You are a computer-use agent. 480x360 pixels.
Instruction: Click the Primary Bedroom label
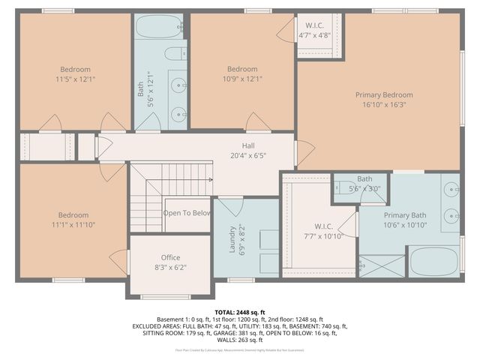(x=384, y=95)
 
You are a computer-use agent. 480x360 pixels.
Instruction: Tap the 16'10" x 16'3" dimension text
(x=384, y=106)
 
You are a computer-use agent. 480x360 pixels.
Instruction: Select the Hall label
(x=248, y=145)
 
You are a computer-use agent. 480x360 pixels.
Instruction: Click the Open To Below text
(x=187, y=213)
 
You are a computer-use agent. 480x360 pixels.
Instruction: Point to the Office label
(x=170, y=257)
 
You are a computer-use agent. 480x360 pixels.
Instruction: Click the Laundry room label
(x=232, y=240)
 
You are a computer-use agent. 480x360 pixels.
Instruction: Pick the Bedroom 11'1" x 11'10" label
(x=73, y=215)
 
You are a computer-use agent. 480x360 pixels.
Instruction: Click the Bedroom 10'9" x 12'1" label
(x=242, y=69)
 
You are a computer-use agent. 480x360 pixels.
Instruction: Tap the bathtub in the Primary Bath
(x=433, y=262)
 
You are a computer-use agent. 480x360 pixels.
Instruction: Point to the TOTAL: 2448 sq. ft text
(x=240, y=311)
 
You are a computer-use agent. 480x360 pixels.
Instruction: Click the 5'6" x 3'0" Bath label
(x=364, y=179)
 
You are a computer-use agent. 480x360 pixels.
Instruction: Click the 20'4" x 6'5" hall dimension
(x=248, y=156)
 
